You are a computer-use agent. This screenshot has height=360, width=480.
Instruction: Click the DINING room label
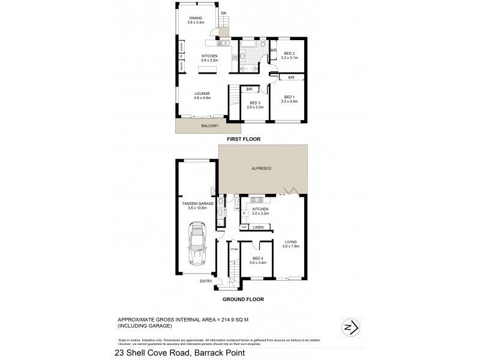coord(196,18)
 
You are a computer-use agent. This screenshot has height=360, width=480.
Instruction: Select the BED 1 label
coord(289,97)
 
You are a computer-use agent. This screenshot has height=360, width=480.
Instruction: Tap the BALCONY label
coord(202,127)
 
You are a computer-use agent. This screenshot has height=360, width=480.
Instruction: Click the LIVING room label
coord(290,243)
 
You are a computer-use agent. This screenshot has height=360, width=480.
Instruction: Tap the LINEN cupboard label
coord(259,227)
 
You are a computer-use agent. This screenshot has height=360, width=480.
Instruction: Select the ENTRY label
coord(206,281)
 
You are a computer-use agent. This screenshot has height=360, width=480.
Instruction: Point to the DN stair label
coord(223,13)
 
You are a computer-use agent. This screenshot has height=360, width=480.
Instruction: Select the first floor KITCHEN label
coord(209,56)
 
